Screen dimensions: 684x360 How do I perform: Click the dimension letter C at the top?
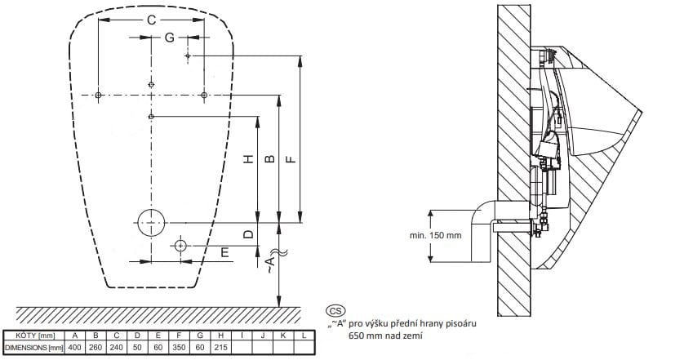tap(151, 20)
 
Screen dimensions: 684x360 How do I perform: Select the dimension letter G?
tap(170, 38)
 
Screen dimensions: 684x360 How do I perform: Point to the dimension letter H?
tap(248, 159)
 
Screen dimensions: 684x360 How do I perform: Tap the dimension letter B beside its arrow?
tap(270, 159)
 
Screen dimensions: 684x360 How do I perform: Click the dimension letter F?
tap(291, 159)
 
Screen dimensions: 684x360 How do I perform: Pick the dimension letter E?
tap(224, 252)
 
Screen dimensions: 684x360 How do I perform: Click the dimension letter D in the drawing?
tap(248, 234)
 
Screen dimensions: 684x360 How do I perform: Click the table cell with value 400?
tap(75, 348)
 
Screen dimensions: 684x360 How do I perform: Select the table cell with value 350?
tap(179, 348)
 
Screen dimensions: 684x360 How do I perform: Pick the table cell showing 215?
tap(220, 348)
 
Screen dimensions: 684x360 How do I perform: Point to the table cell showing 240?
tap(117, 348)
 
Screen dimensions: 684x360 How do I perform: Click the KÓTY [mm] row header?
tap(34, 336)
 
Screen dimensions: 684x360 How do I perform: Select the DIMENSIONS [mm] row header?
tap(34, 348)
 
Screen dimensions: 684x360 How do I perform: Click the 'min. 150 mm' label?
tap(435, 236)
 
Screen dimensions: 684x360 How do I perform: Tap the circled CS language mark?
tap(335, 311)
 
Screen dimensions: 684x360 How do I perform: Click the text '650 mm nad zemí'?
tap(385, 336)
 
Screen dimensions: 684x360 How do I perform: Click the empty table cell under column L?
tap(304, 348)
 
